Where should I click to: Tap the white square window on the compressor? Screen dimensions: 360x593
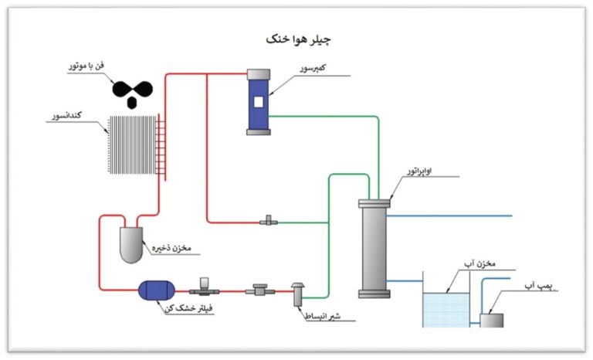[259, 101]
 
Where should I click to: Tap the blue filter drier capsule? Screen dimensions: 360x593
[157, 290]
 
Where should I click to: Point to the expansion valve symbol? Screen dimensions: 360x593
[297, 292]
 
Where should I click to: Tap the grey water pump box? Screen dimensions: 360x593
[491, 319]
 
